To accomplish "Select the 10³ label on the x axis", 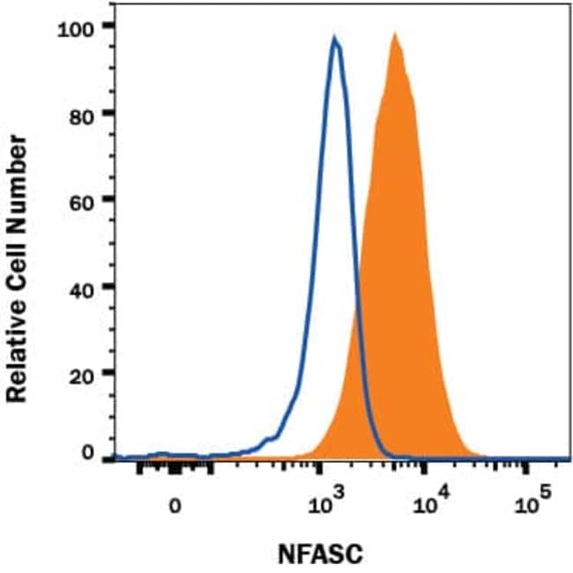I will tap(328, 502).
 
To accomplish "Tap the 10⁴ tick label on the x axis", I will tap(429, 502).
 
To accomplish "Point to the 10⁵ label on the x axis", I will tap(529, 502).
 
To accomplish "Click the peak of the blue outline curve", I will tap(335, 38).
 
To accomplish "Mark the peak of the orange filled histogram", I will tap(395, 35).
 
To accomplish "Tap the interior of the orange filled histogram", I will tap(401, 264).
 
